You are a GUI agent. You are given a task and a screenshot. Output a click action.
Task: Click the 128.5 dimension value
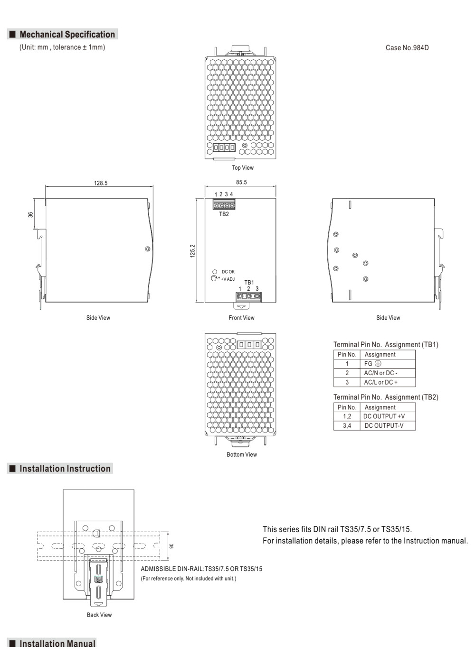click(100, 183)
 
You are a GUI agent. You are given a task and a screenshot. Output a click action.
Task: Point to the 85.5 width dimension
click(241, 182)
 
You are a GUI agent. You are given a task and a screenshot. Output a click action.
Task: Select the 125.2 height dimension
click(192, 251)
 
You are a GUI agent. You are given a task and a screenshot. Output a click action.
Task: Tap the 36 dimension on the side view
click(30, 214)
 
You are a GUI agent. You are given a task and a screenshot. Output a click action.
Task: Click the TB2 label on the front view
click(224, 214)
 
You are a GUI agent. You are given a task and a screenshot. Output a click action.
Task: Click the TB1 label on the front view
click(249, 282)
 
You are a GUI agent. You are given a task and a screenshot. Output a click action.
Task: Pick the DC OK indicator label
click(228, 271)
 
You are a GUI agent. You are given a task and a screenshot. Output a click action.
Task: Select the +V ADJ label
click(228, 279)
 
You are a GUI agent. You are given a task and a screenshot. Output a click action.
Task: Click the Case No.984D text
click(407, 48)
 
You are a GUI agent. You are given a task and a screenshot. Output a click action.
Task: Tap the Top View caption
click(242, 167)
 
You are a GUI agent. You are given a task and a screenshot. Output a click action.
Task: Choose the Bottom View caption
click(242, 454)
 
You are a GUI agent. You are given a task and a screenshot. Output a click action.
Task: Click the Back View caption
click(99, 615)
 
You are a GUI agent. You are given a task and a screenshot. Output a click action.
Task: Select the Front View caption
click(241, 317)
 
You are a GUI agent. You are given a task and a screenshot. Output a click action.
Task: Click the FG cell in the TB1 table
click(372, 363)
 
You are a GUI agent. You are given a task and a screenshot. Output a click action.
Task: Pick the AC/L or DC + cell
click(380, 382)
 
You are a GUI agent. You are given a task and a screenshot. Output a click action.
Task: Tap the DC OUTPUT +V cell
click(384, 416)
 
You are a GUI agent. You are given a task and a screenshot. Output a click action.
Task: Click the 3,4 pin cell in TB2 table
click(347, 425)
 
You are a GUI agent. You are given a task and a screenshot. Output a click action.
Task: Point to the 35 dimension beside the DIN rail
click(171, 546)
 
